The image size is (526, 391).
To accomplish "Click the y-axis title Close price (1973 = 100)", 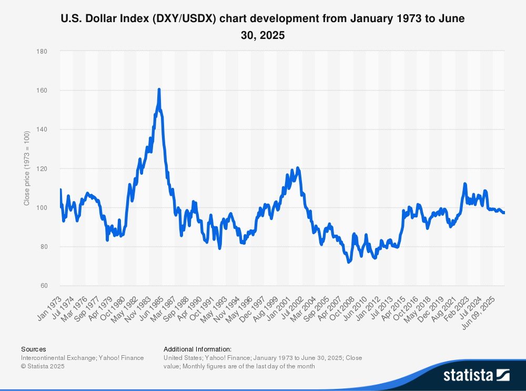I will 27,168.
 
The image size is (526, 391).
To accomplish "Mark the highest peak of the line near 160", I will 159,90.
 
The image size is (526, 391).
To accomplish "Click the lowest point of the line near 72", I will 349,262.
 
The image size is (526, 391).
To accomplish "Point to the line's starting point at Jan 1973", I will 60,189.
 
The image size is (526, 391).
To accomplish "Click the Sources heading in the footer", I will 33,349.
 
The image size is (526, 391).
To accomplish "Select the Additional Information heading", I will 197,349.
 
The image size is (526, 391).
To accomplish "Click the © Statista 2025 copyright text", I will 43,366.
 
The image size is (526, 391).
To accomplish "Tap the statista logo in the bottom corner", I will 476,375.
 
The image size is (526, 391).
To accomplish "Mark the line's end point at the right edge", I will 504,213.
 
